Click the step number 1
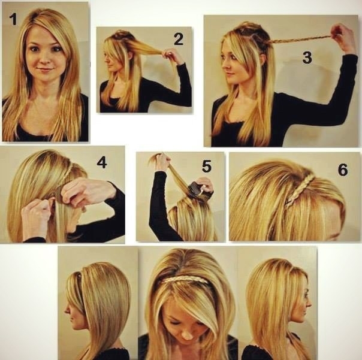[x=14, y=19]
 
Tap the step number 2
[x=179, y=39]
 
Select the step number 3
[x=307, y=58]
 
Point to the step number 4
[x=102, y=162]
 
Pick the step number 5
[x=207, y=167]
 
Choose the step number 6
[x=343, y=170]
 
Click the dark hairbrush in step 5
[x=196, y=190]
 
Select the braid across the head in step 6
[x=300, y=191]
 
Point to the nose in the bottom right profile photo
[x=310, y=304]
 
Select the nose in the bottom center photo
[x=188, y=335]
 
